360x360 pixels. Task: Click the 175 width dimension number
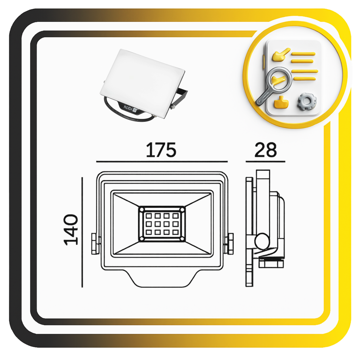(x=161, y=150)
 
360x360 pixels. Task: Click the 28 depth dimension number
(x=265, y=150)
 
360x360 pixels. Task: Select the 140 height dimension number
(x=71, y=230)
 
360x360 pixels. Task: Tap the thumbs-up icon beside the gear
(x=281, y=102)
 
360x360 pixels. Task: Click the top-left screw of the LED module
(x=142, y=209)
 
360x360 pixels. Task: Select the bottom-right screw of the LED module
(x=182, y=238)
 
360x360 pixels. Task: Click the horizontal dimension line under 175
(x=162, y=161)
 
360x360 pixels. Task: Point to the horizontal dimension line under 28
(x=265, y=161)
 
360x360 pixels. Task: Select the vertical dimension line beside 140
(x=82, y=232)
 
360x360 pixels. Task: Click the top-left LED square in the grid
(x=149, y=216)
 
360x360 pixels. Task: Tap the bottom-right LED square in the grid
(x=175, y=232)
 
